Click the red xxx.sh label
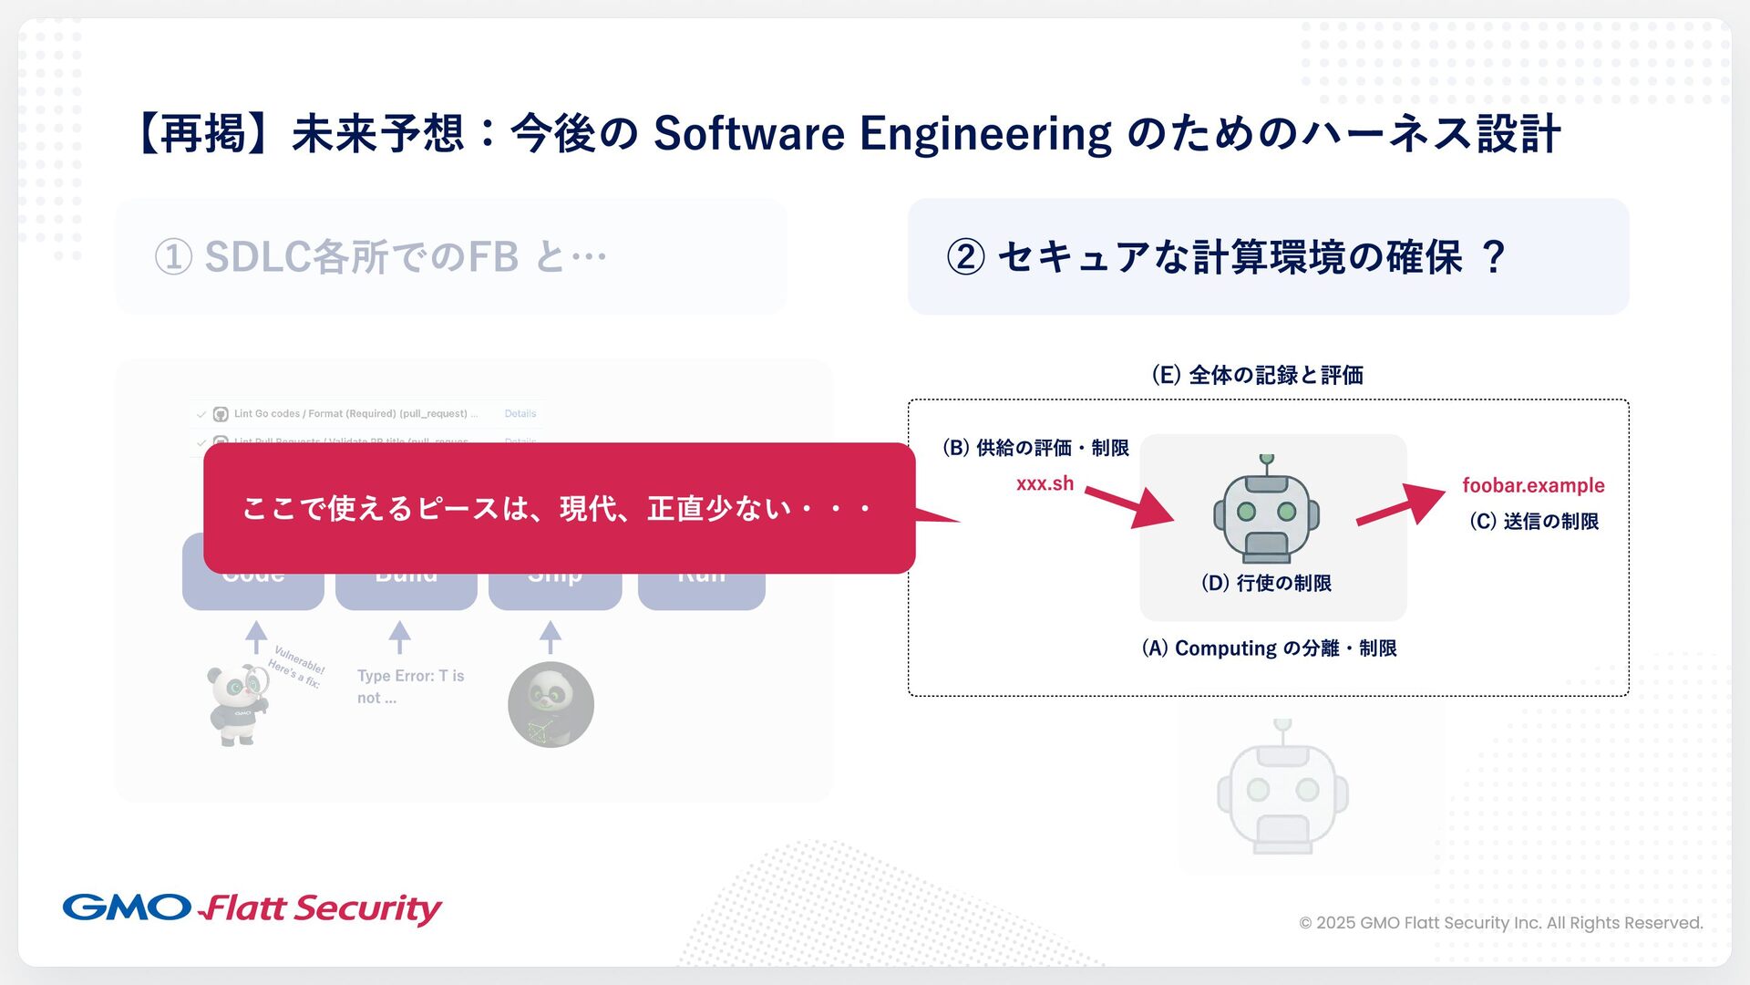pos(1045,483)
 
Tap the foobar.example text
pos(1533,485)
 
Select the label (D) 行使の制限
pos(1266,583)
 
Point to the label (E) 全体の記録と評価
pos(1257,375)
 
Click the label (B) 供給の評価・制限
pos(1035,448)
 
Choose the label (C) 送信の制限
pos(1534,521)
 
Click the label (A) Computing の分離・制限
pos(1269,648)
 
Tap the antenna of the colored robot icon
pos(1266,463)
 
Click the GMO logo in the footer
pos(126,907)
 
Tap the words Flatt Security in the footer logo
pos(322,908)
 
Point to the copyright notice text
pos(1500,923)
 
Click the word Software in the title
pos(749,134)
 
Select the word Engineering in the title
pos(985,134)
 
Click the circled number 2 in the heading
pos(966,257)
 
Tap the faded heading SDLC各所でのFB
pos(361,257)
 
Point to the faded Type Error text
pos(410,686)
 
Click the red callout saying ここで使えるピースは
pos(559,508)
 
